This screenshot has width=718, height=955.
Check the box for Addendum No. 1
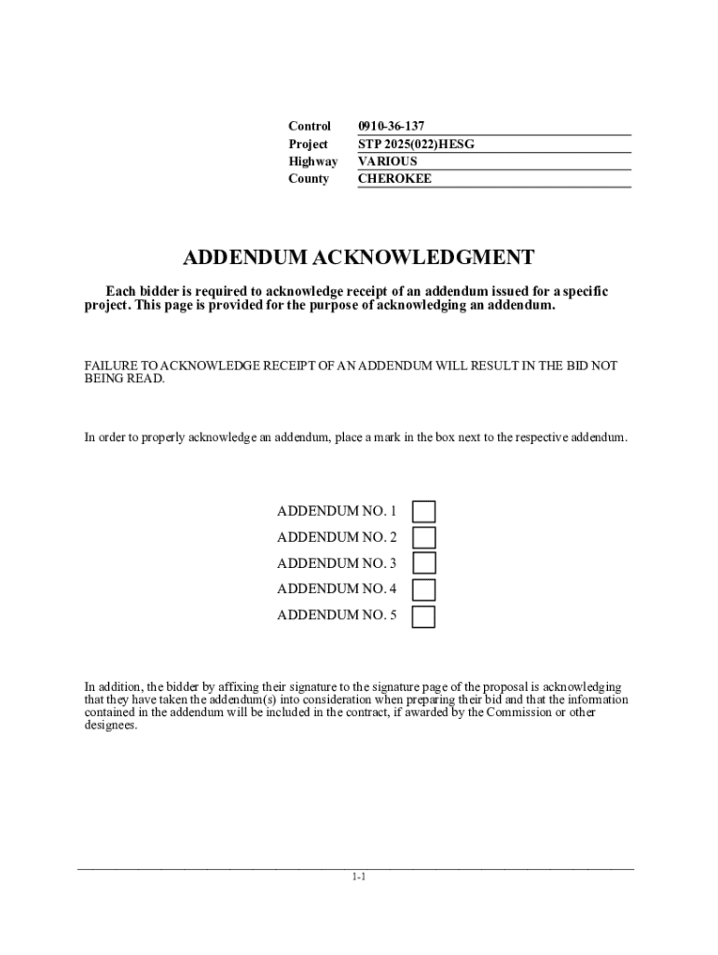[x=424, y=511]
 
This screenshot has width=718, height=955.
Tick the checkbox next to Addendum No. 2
[x=424, y=537]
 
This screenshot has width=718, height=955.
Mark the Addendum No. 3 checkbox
[x=424, y=563]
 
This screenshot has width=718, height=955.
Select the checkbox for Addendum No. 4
[x=424, y=589]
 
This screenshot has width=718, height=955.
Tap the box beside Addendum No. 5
[x=424, y=616]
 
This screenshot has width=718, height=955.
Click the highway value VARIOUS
[x=388, y=161]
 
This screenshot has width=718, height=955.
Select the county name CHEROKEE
[x=395, y=178]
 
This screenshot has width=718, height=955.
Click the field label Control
[x=310, y=126]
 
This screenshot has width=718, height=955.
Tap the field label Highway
[x=313, y=161]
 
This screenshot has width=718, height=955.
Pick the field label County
[x=309, y=178]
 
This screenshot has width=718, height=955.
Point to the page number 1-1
[x=359, y=878]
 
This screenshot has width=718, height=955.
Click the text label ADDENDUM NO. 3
[x=337, y=563]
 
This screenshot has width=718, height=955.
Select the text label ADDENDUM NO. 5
[x=337, y=616]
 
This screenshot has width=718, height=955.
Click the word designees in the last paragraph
[x=110, y=726]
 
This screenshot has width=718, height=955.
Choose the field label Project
[x=309, y=144]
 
